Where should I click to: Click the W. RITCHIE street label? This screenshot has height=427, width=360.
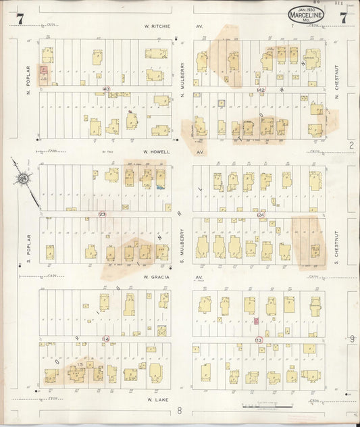(157, 26)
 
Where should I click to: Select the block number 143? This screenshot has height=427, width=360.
(105, 89)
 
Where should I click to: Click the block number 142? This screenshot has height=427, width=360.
(261, 89)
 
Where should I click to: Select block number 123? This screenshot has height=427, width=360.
(102, 214)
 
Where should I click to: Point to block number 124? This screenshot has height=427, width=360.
(261, 214)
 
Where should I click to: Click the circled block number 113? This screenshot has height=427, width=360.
(259, 339)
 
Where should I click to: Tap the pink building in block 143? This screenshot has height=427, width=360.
(44, 70)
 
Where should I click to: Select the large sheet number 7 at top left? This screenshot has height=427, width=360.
(20, 19)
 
